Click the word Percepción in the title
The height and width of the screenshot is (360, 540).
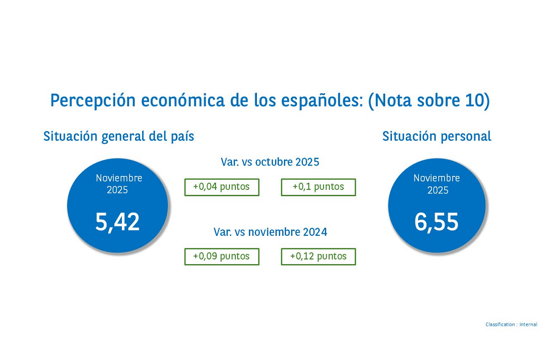pos(93,100)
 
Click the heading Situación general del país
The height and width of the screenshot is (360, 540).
pos(119,136)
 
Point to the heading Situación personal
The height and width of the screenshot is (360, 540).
pos(436,136)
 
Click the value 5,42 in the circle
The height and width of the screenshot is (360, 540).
pos(117,222)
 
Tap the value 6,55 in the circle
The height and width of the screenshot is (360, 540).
pos(436,222)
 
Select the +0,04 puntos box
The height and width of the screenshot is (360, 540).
pos(222,187)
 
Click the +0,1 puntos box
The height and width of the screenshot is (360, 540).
pos(318,187)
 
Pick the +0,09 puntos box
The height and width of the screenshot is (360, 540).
pos(222,256)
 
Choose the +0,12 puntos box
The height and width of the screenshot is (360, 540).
pos(318,256)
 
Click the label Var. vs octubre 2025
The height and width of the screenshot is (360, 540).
pos(270,162)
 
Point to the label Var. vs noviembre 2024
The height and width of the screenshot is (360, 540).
pos(270,232)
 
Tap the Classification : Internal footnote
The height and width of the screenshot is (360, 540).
pos(511,324)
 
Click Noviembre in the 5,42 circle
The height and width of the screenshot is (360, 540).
pos(119,178)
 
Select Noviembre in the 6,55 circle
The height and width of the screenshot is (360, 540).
pos(436,178)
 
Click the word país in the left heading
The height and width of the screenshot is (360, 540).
pos(183,137)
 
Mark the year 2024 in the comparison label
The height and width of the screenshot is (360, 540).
pos(315,232)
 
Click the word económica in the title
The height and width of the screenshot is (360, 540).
pos(183,100)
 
